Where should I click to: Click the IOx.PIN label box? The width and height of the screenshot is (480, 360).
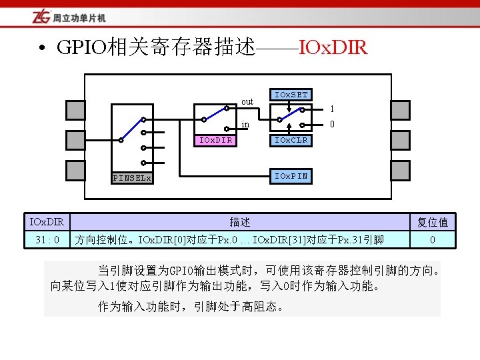click(x=291, y=176)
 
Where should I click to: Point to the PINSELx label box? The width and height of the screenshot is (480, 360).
click(x=131, y=178)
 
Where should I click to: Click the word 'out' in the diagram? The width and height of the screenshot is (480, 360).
click(x=247, y=102)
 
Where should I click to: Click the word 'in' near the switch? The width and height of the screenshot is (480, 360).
click(x=245, y=124)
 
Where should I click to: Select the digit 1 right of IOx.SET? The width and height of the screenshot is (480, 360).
click(x=332, y=109)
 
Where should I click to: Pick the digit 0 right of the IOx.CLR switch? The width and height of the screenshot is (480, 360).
click(x=332, y=124)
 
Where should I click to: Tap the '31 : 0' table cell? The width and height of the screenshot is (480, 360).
click(x=47, y=239)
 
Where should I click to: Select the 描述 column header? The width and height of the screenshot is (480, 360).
click(x=240, y=221)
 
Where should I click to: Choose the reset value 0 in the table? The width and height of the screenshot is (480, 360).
click(x=432, y=239)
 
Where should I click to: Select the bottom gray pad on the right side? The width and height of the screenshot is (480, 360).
click(x=400, y=171)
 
